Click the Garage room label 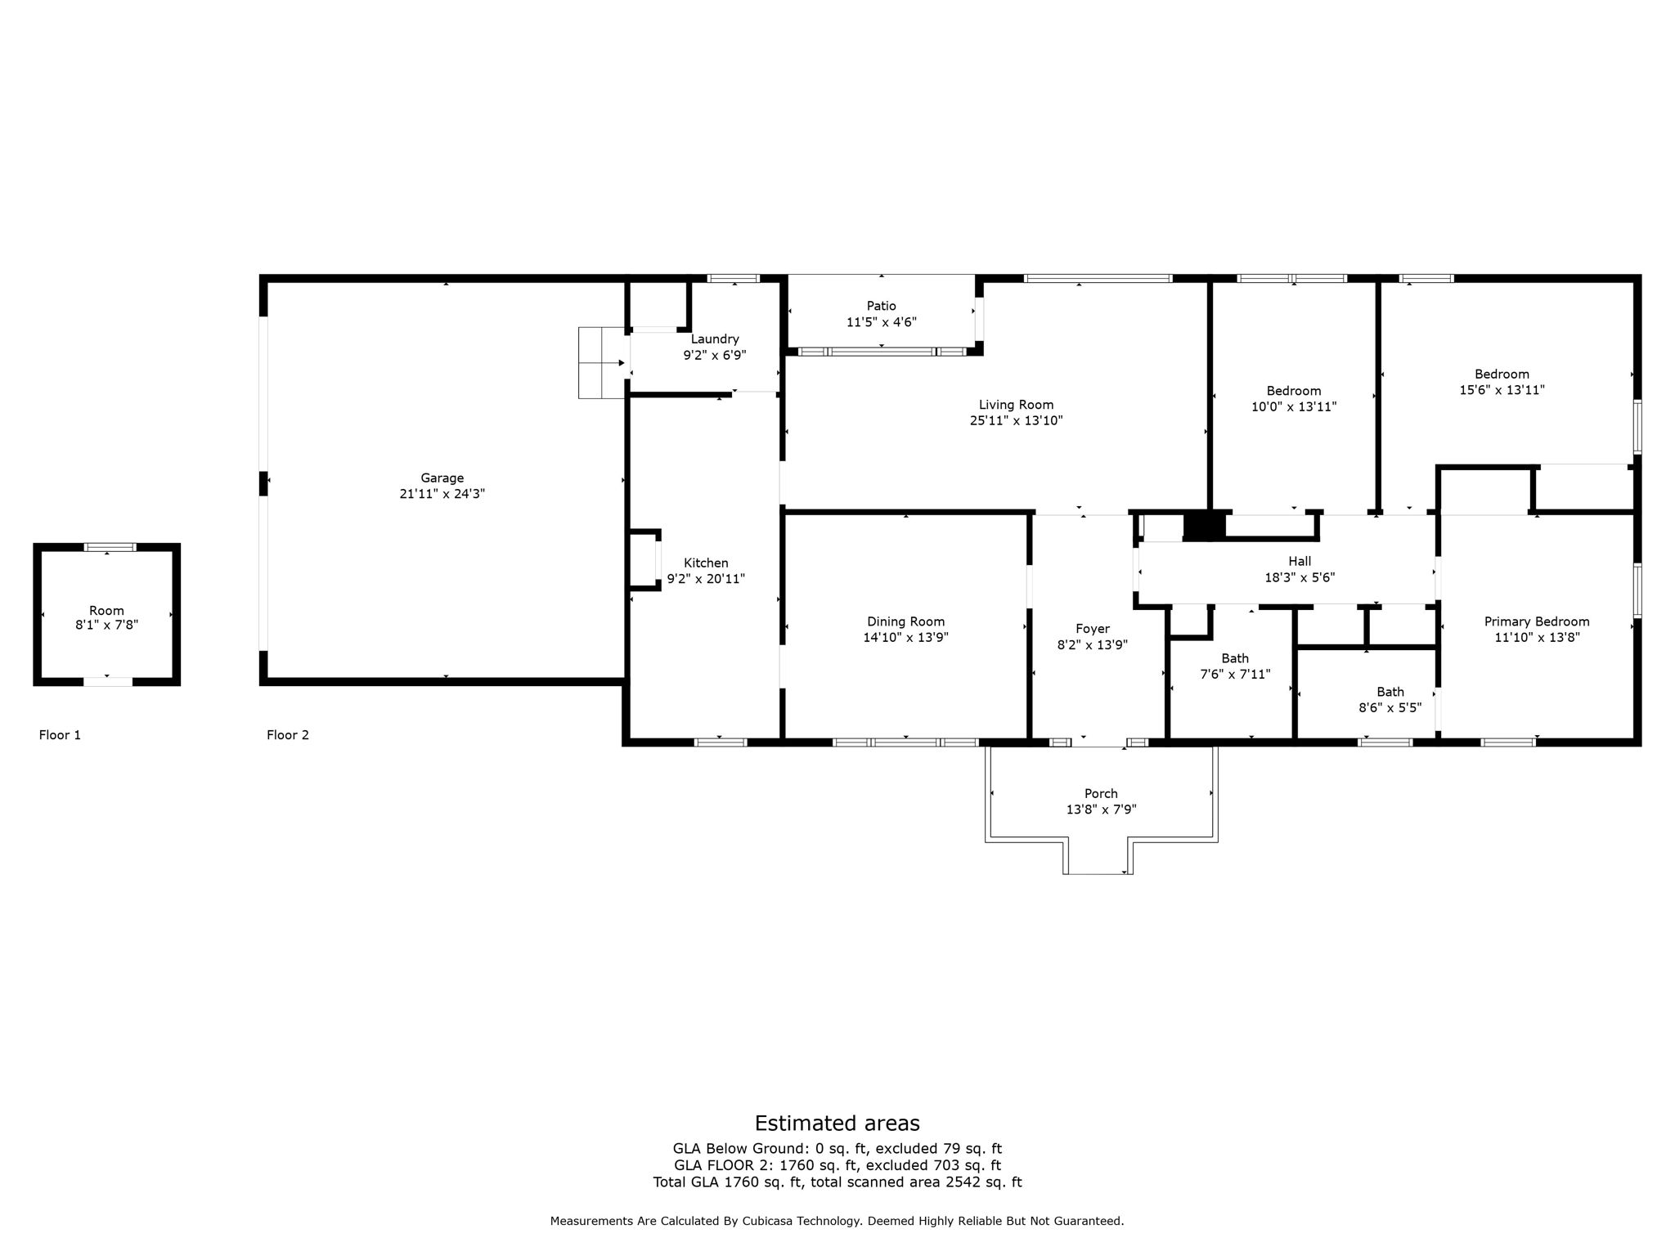[x=442, y=478]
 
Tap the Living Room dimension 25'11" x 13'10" [x=1016, y=421]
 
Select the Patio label [x=881, y=306]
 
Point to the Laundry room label [x=715, y=339]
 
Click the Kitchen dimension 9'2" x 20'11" [x=706, y=579]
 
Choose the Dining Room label [x=905, y=621]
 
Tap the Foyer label [x=1093, y=629]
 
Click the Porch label [x=1101, y=793]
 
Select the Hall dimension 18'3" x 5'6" [x=1300, y=577]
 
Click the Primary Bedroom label [x=1537, y=621]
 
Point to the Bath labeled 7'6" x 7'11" [x=1235, y=658]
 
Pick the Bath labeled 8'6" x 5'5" [x=1390, y=692]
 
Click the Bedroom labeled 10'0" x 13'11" [x=1294, y=391]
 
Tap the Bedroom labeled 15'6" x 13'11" [x=1502, y=375]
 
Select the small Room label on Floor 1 [x=106, y=611]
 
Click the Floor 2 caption [x=288, y=735]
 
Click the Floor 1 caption [x=60, y=735]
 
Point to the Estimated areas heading [x=837, y=1123]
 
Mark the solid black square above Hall [x=1204, y=526]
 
